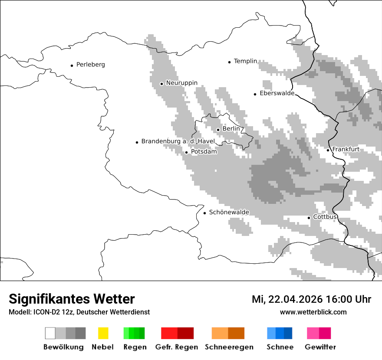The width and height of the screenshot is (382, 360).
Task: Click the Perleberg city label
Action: [x=90, y=65]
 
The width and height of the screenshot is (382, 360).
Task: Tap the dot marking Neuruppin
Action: [x=161, y=84]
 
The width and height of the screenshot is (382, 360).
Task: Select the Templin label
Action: [x=245, y=61]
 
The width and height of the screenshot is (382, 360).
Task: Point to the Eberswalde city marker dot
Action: [x=255, y=94]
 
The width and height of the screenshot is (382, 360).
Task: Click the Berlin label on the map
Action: [x=231, y=129]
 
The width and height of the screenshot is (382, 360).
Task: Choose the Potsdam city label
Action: [x=204, y=152]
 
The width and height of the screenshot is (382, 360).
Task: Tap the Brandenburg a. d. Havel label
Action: [x=178, y=141]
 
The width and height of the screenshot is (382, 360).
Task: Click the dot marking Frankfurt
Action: [x=328, y=150]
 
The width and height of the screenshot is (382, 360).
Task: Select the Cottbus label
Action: [x=325, y=217]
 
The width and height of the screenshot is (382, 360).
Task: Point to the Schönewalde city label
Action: [x=229, y=212]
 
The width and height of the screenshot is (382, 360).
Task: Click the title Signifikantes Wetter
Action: [x=72, y=299]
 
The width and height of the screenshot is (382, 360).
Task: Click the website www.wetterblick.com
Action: [x=313, y=312]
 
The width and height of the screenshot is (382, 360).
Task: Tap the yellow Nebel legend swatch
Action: [x=103, y=333]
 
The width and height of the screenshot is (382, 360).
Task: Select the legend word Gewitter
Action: [x=320, y=347]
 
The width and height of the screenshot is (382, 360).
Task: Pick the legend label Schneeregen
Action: [x=229, y=347]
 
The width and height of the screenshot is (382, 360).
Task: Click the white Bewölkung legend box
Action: [x=50, y=333]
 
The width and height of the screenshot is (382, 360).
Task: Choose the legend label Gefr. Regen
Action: [x=176, y=347]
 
